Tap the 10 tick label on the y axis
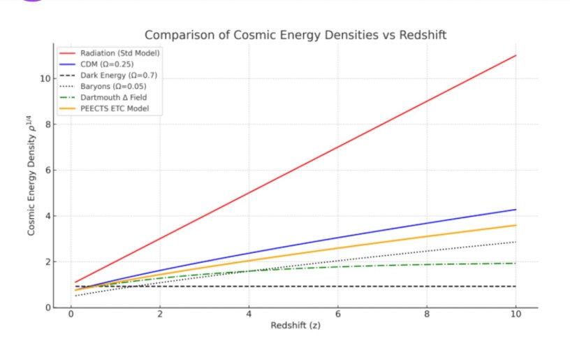(x=43, y=78)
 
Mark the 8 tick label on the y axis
(x=46, y=124)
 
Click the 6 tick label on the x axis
(x=338, y=315)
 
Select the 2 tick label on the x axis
(x=160, y=315)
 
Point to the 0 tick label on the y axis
(x=46, y=308)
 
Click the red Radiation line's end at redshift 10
(x=516, y=55)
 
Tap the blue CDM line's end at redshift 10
(x=516, y=210)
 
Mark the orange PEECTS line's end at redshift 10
(x=516, y=225)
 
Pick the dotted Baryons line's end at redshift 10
(x=516, y=242)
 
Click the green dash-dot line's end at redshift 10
(x=516, y=264)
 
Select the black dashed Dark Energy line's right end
(x=516, y=287)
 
